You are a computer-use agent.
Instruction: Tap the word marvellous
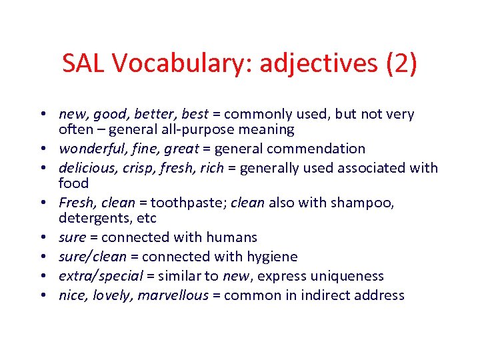pyautogui.click(x=173, y=296)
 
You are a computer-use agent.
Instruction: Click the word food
pyautogui.click(x=73, y=183)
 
